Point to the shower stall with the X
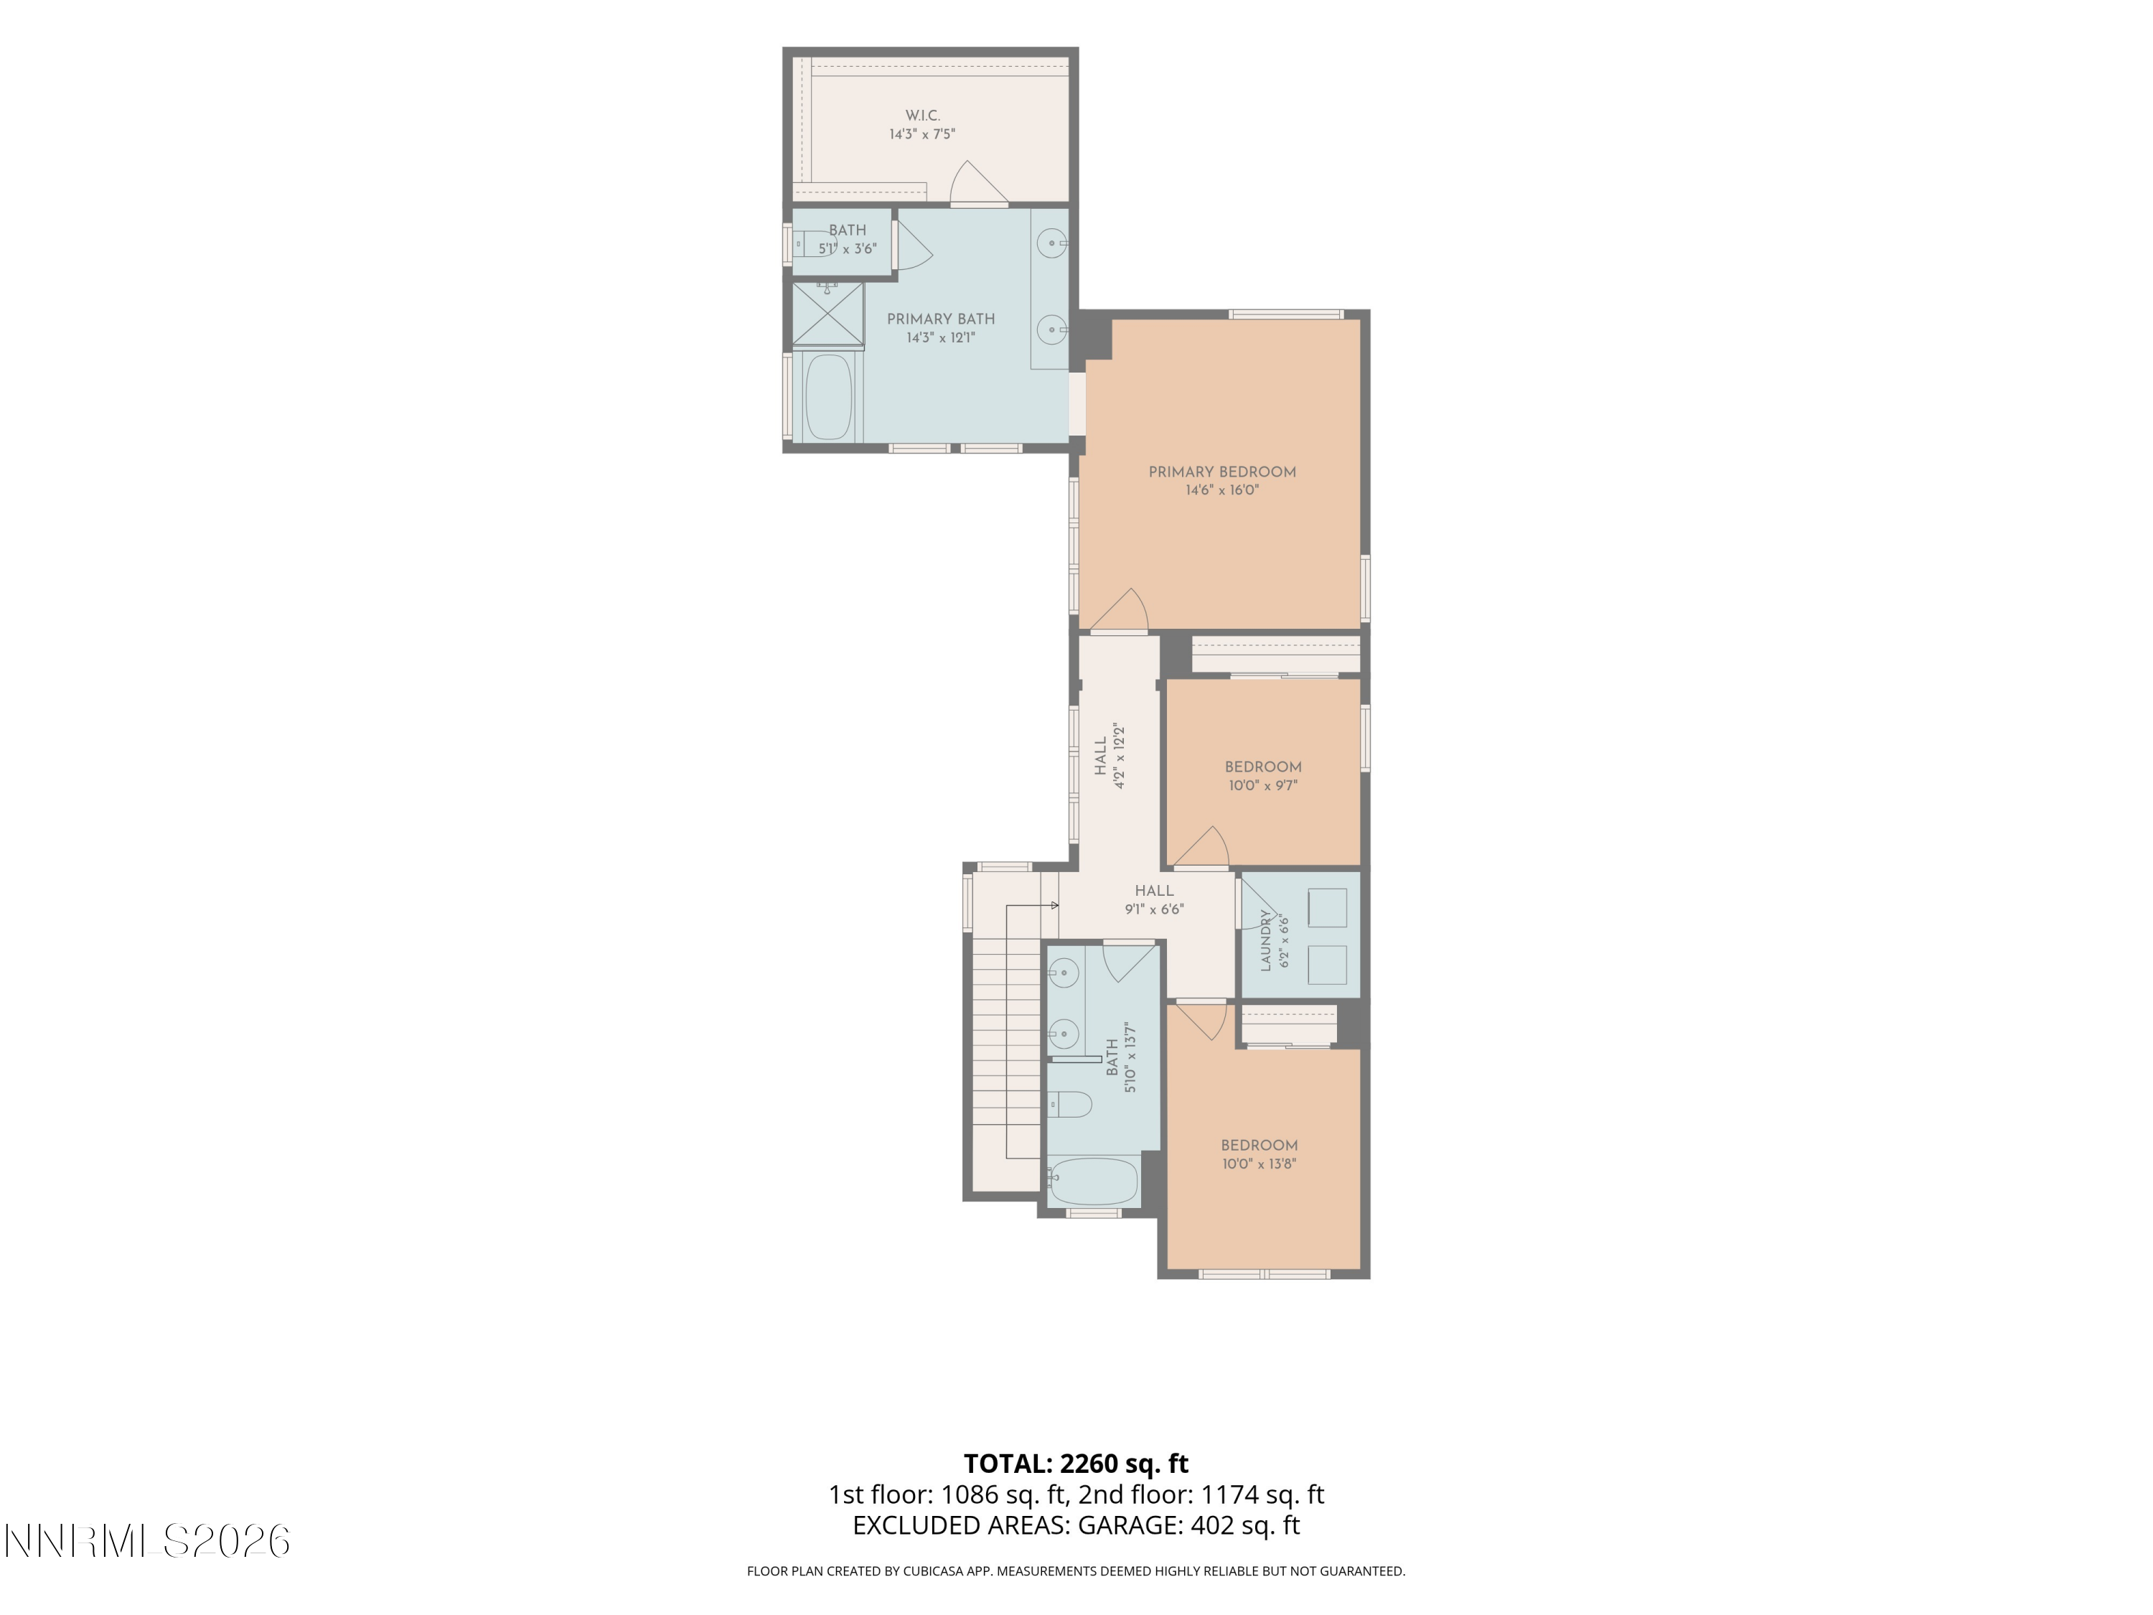click(827, 314)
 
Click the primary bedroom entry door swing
click(1120, 610)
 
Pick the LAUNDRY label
click(1266, 940)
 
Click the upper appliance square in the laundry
click(1328, 907)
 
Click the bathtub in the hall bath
click(1093, 1181)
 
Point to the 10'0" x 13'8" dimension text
click(1260, 1164)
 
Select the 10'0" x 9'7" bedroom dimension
click(1263, 785)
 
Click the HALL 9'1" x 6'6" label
click(1154, 899)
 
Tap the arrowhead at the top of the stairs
click(1055, 905)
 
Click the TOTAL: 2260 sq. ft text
click(1076, 1463)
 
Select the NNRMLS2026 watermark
click(147, 1542)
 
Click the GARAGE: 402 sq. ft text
click(1188, 1525)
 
